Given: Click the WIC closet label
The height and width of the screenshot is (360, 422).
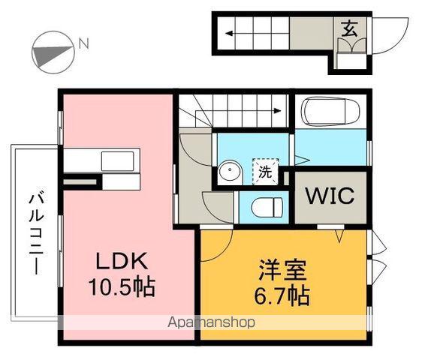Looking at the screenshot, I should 329,196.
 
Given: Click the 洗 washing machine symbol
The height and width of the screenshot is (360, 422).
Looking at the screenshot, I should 265,170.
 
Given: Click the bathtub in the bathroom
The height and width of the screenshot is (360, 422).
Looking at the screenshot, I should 330,113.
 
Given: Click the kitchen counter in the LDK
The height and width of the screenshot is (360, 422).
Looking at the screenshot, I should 100,160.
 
